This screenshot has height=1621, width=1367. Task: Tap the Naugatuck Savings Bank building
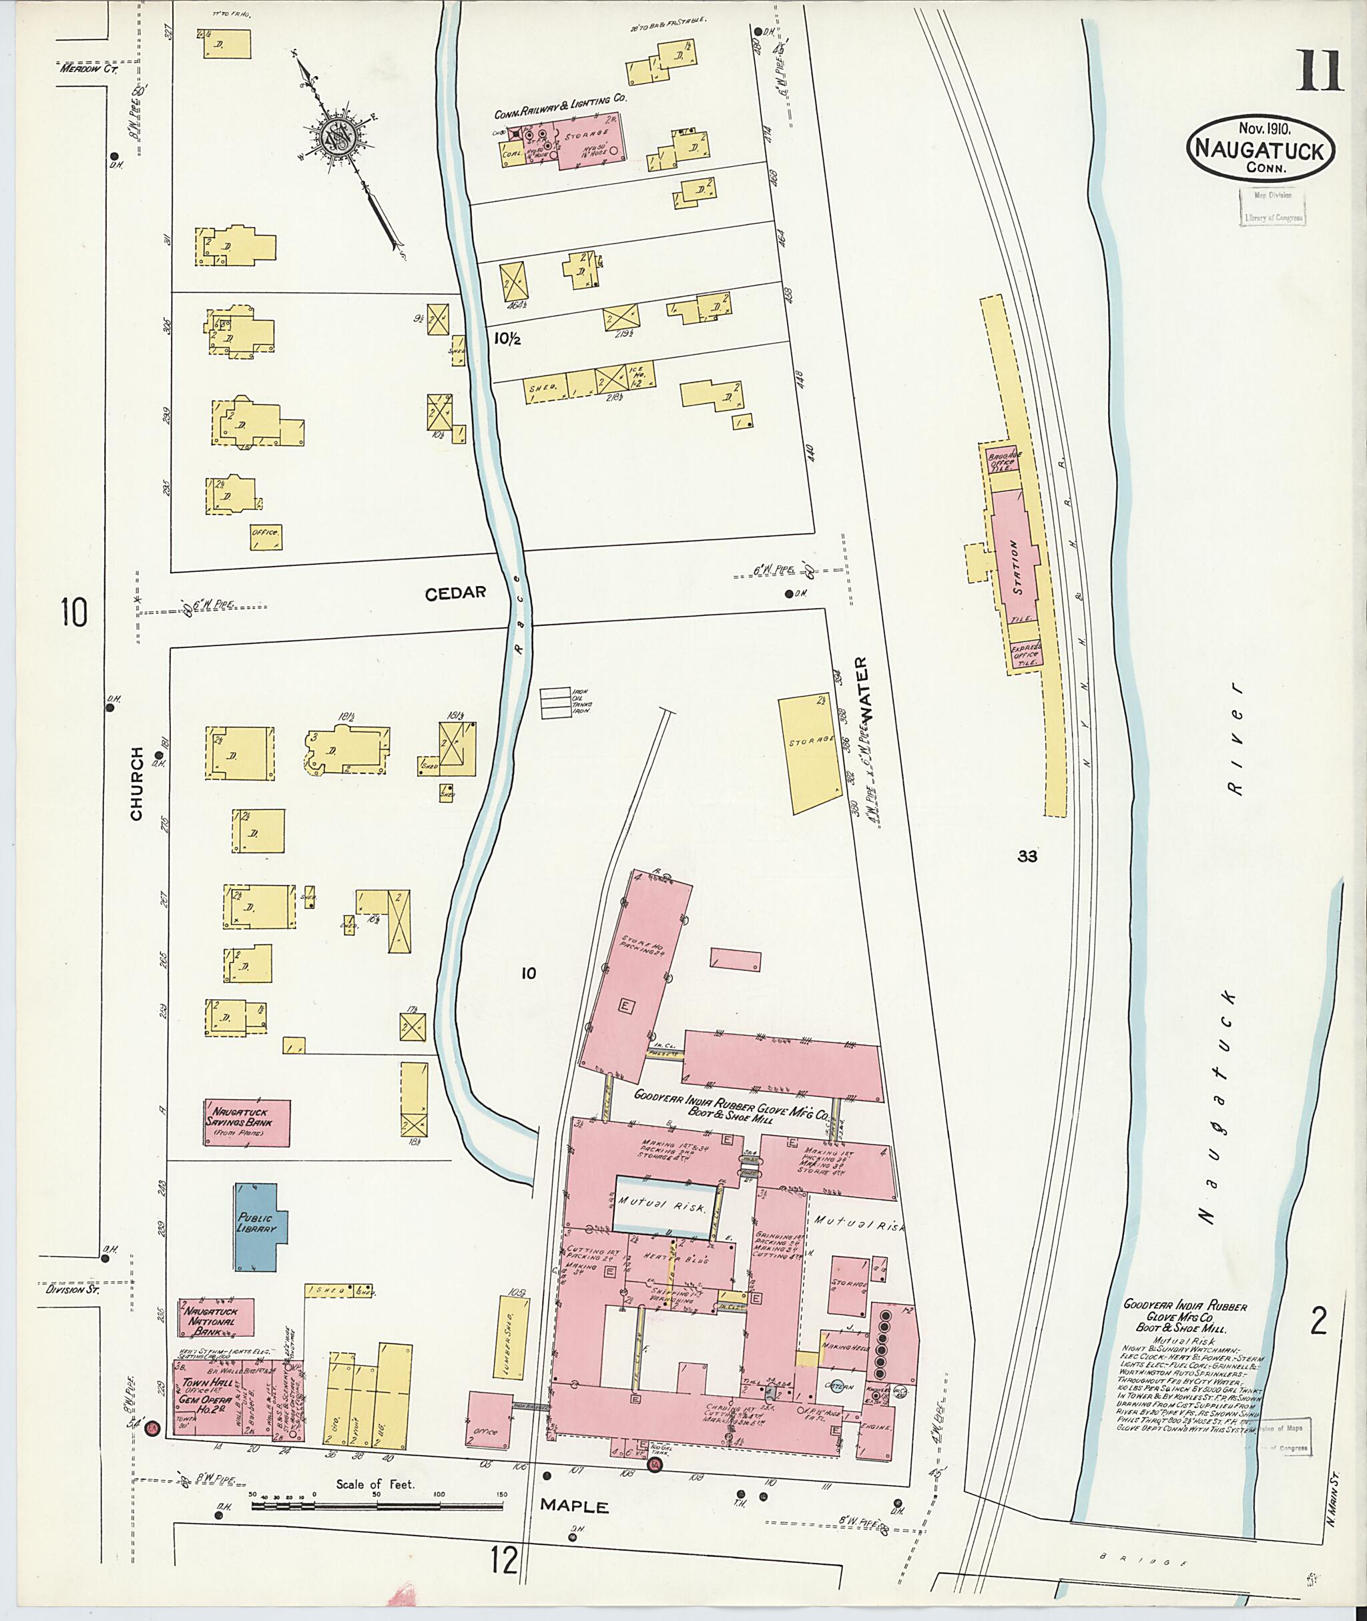click(x=247, y=1122)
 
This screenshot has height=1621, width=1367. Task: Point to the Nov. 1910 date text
click(x=1260, y=128)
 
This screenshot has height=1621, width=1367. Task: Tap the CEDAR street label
click(x=456, y=593)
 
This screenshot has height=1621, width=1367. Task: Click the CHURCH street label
click(x=137, y=783)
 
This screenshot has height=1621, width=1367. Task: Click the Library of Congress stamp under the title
click(x=1272, y=207)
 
